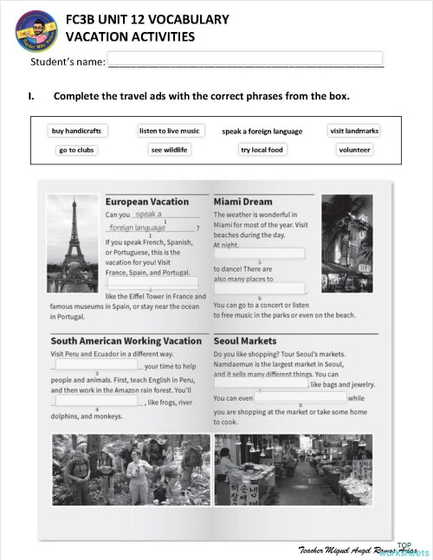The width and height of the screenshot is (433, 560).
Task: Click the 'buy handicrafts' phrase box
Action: click(x=76, y=131)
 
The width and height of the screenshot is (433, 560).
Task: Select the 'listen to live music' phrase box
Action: click(x=170, y=131)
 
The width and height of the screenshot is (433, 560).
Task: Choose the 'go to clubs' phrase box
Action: click(x=76, y=150)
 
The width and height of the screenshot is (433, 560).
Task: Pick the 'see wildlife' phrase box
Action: click(x=170, y=150)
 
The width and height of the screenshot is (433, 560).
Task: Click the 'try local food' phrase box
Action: click(x=262, y=150)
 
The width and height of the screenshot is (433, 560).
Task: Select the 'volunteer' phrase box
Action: click(x=354, y=150)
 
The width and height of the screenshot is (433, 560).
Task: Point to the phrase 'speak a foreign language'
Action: click(x=262, y=132)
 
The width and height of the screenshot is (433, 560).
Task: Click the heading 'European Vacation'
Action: click(x=146, y=202)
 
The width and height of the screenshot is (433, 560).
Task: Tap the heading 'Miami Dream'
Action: click(x=242, y=202)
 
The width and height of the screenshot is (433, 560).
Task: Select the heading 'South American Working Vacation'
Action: click(x=126, y=341)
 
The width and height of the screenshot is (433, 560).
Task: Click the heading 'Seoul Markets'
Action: click(x=245, y=341)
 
